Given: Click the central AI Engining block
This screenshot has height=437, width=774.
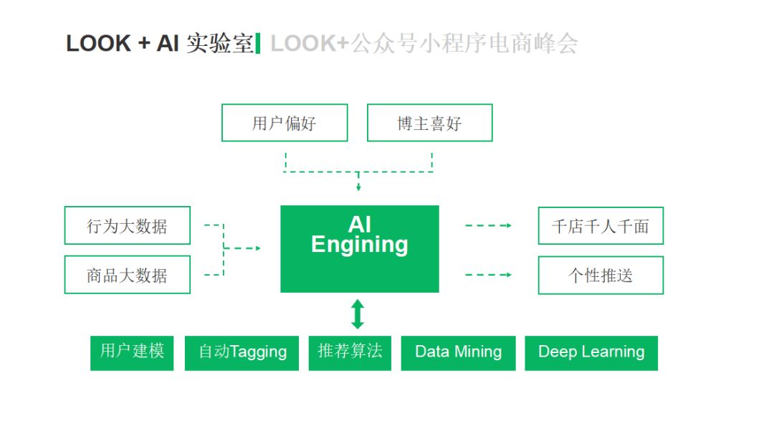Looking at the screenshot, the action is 359,249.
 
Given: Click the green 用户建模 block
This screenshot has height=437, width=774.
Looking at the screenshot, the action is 132,353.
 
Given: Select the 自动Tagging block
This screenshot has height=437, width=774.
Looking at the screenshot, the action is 242,353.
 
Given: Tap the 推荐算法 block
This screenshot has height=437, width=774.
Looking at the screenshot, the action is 350,353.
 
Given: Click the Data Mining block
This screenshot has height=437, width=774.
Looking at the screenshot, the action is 458,353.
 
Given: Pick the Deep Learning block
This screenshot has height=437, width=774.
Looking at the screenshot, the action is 591,353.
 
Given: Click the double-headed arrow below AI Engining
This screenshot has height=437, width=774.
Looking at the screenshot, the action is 358,314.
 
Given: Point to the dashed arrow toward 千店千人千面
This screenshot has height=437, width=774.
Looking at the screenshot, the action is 488,225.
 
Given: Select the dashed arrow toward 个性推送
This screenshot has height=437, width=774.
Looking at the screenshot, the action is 488,274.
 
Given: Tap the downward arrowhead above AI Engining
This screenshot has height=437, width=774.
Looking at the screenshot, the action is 358,187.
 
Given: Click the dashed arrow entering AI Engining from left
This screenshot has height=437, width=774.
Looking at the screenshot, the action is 242,248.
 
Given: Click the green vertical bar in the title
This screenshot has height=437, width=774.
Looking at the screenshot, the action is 258,43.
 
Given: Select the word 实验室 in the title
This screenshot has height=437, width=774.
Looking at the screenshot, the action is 220,44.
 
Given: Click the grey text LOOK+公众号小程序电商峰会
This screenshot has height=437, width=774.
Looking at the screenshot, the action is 424,44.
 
